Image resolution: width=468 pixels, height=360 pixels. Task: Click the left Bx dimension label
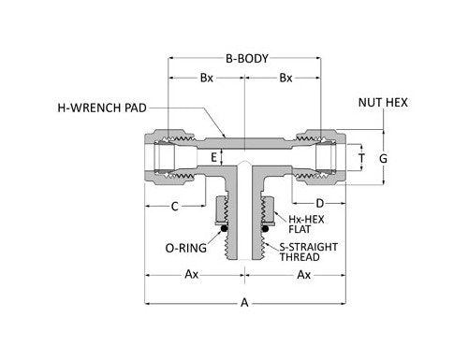click(x=205, y=79)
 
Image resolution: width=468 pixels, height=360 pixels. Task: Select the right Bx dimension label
click(x=283, y=79)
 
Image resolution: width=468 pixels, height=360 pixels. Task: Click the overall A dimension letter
click(x=244, y=302)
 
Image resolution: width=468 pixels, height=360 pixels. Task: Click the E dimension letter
click(x=213, y=156)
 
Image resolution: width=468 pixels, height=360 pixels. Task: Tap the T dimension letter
click(x=363, y=156)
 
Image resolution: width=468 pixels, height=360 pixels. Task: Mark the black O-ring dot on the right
click(x=265, y=225)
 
